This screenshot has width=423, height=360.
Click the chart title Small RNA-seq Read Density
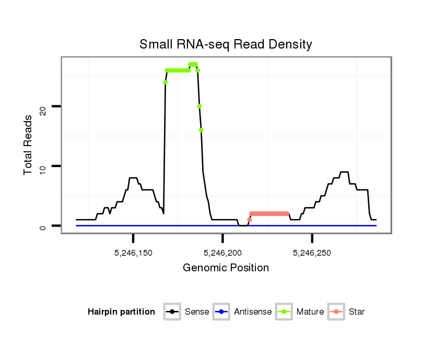pos(226,44)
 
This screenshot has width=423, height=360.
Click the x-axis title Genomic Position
pos(226,268)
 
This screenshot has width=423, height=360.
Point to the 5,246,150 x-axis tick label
pos(133,253)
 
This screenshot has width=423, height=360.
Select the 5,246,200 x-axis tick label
pos(223,253)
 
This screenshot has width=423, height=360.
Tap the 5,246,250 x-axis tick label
pos(312,253)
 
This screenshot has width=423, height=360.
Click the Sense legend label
pos(197,312)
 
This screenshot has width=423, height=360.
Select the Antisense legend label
pos(253,312)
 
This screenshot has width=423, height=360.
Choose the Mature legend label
pos(310,312)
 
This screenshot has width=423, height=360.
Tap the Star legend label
pos(356,312)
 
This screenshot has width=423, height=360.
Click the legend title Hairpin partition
pos(121,312)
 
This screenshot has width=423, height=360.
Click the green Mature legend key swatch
pos(285,312)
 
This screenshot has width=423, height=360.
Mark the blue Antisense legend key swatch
pos(222,312)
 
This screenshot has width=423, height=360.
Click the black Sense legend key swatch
pos(172,312)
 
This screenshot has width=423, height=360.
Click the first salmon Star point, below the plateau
pos(250,220)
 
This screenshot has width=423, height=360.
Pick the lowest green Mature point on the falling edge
pos(201,130)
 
